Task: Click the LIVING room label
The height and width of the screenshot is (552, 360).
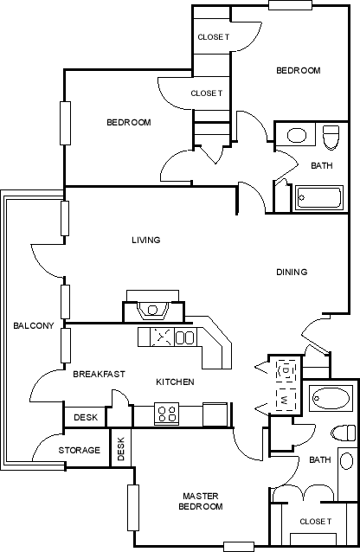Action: coord(146,240)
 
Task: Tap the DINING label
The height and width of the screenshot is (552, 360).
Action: coord(292,272)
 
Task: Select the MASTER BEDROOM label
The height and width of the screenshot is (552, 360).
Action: coord(201,501)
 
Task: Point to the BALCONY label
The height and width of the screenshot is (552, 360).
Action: coord(34,325)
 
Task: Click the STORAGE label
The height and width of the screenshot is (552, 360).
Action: coord(80,450)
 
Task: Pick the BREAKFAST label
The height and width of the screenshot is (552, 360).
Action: coord(99,374)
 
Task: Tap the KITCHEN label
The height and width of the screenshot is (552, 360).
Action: coord(175,382)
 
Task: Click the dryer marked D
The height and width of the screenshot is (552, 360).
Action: coord(286,370)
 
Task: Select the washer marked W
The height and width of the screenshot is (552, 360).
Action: coord(285,400)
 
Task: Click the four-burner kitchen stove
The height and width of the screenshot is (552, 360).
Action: coord(167,414)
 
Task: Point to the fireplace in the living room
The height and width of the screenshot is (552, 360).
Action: coord(152,306)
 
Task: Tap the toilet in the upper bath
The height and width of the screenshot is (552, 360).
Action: coord(331,138)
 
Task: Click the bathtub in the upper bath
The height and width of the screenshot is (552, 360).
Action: coord(318,198)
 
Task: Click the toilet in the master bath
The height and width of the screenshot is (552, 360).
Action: coord(344,433)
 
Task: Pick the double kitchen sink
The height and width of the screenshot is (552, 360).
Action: coord(184,337)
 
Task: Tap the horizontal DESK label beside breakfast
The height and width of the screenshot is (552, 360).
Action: coord(86,418)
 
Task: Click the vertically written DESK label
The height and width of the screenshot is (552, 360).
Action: coord(121,449)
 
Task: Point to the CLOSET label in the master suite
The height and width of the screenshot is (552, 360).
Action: coord(315,522)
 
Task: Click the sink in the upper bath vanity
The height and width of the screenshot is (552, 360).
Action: coord(297,135)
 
